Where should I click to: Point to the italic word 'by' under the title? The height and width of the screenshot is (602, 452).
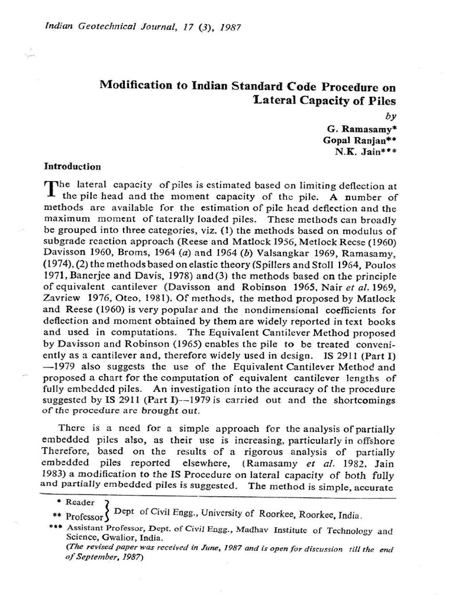391,116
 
